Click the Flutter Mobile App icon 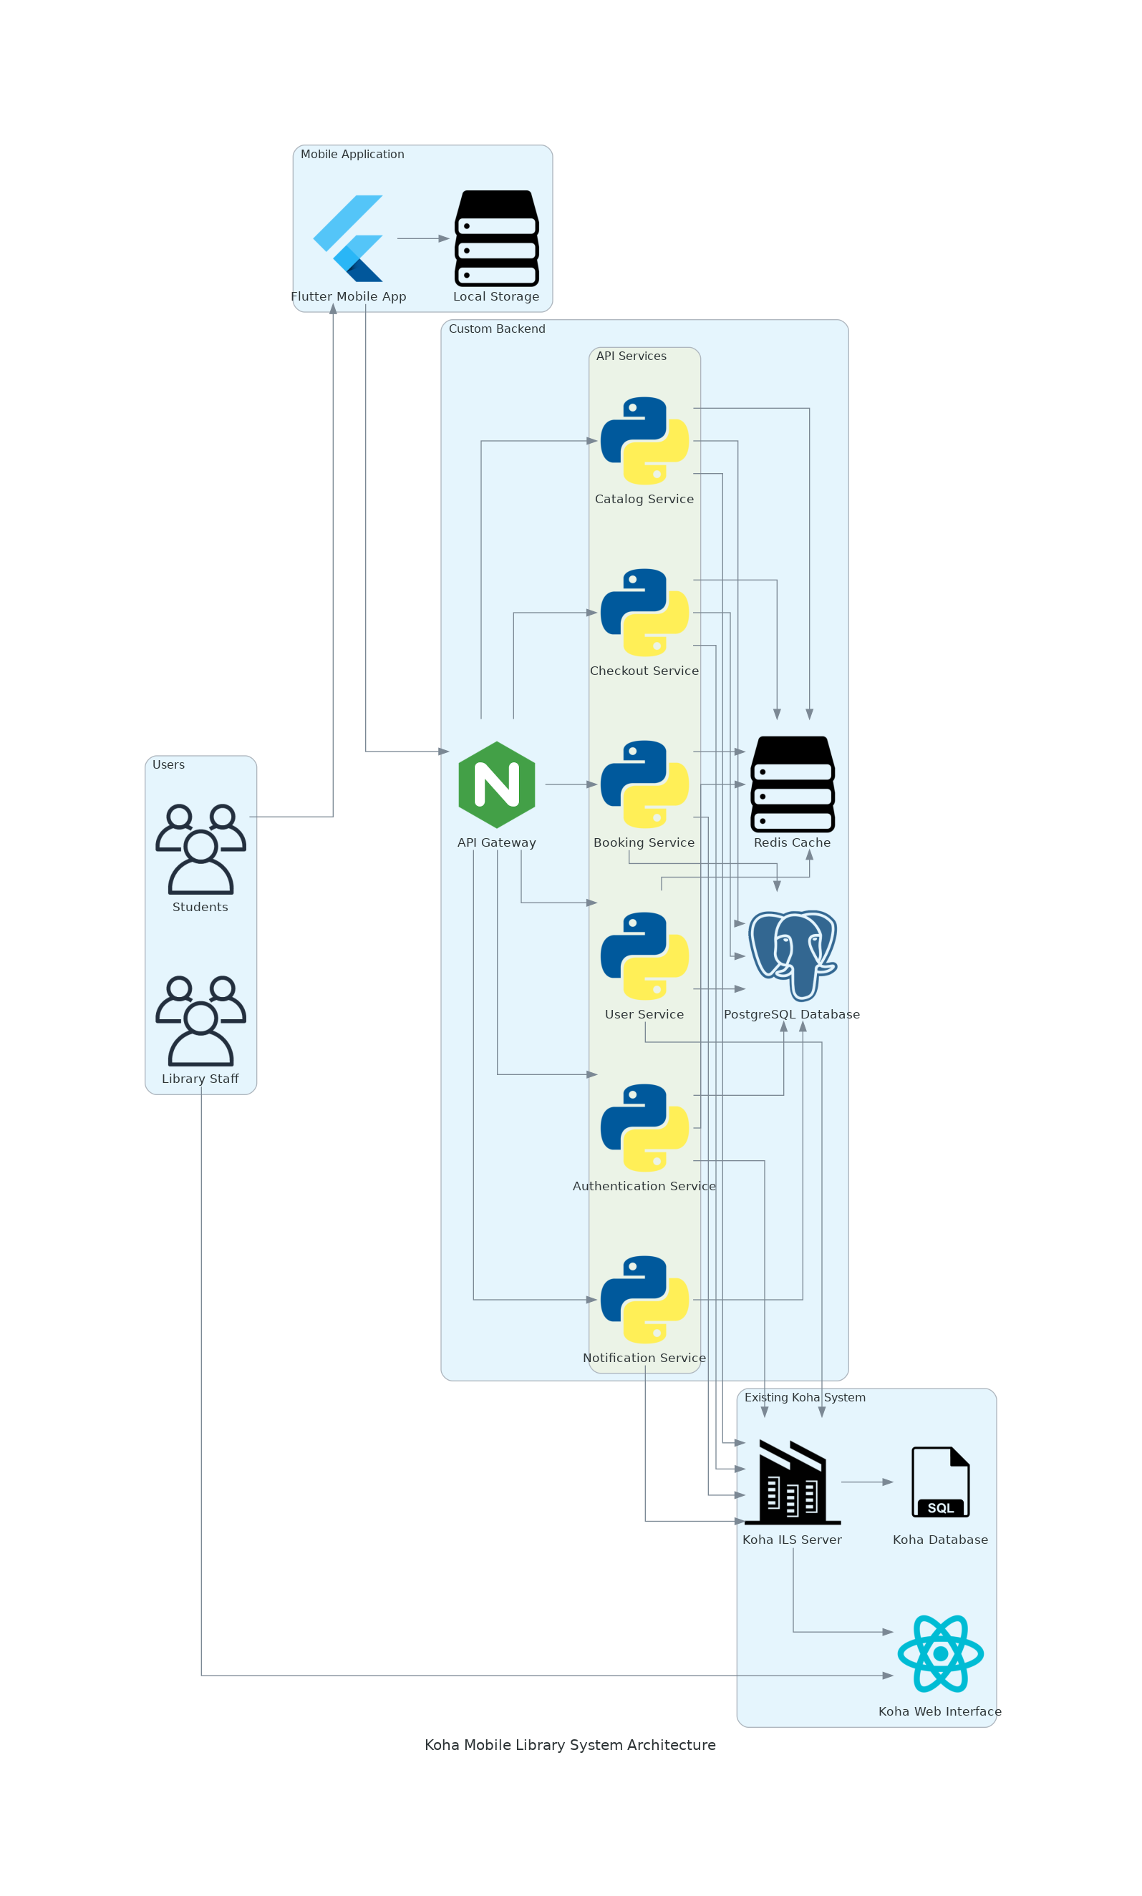click(348, 238)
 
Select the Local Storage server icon click(496, 238)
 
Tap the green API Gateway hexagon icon click(496, 784)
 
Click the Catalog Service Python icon click(644, 441)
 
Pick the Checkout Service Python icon click(644, 612)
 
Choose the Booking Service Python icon click(644, 784)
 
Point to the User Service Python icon click(644, 956)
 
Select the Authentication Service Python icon click(644, 1127)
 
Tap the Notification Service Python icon click(644, 1300)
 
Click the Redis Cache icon click(793, 784)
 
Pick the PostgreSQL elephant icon click(793, 956)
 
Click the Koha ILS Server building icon click(793, 1482)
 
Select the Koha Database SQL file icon click(940, 1482)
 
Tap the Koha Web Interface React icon click(940, 1653)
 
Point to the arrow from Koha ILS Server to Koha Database click(866, 1482)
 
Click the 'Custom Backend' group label click(496, 329)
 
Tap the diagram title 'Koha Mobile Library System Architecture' click(570, 1745)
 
